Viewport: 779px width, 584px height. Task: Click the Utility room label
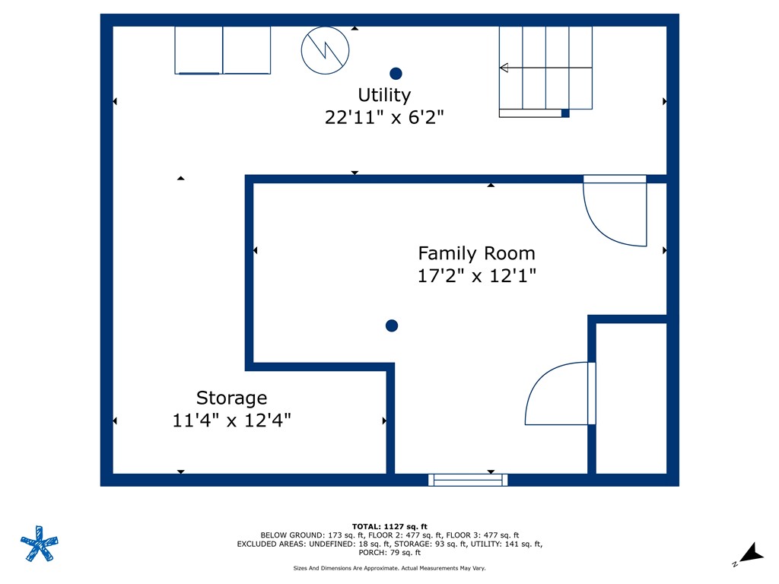point(384,95)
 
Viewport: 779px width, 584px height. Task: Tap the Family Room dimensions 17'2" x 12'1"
point(477,276)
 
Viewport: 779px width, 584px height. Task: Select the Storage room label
point(231,398)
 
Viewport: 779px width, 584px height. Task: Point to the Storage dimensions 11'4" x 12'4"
point(231,420)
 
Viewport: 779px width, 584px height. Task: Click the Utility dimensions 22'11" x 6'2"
point(384,118)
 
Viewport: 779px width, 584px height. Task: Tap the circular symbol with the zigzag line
point(326,51)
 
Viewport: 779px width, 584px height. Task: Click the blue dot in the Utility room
point(396,74)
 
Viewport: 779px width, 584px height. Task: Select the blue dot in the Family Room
point(392,325)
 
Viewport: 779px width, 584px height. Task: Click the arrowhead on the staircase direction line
point(504,68)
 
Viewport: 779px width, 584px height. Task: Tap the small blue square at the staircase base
point(565,113)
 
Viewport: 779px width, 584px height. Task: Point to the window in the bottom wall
point(468,480)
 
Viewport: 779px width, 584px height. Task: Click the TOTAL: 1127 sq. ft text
point(389,526)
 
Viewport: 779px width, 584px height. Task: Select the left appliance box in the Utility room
point(199,50)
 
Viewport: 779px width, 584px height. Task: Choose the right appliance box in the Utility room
point(246,50)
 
